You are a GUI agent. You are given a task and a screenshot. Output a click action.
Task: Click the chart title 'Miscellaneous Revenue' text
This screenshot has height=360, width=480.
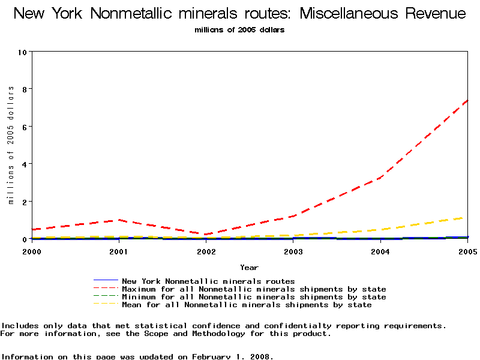point(371,13)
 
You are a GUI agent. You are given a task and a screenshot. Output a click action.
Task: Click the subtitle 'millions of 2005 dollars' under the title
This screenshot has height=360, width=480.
point(239,30)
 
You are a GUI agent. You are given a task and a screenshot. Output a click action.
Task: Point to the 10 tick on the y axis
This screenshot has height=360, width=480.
point(23,52)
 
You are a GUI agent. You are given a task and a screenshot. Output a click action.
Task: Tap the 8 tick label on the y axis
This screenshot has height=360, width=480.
point(25,89)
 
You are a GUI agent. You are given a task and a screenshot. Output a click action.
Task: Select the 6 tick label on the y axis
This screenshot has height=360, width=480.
point(25,127)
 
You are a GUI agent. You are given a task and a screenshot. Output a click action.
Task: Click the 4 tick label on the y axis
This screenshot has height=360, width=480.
point(25,164)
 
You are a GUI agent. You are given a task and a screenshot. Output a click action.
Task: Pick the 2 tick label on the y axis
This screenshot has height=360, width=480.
point(25,202)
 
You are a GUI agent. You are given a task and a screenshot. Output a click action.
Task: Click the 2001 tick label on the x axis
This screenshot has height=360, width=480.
point(119,251)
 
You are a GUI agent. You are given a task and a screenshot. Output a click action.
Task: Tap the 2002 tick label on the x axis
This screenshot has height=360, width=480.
point(206,251)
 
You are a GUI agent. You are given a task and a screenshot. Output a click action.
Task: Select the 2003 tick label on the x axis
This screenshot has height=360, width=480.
point(293,251)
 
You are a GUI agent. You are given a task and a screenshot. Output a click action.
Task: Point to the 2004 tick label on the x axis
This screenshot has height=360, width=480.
point(380,251)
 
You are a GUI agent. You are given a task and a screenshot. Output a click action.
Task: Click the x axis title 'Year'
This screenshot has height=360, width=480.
point(249,268)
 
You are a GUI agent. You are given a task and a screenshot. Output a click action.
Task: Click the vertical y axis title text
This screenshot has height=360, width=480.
point(11,145)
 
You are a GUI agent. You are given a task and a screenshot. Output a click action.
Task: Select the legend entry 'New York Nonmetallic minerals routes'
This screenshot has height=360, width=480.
point(208,281)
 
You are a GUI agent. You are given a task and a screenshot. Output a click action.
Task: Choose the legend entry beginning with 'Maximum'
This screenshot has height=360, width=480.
point(254,289)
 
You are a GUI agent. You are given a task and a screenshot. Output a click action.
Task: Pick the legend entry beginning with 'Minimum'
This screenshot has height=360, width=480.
point(254,297)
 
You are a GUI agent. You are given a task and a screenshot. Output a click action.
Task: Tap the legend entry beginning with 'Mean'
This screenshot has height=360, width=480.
point(247,305)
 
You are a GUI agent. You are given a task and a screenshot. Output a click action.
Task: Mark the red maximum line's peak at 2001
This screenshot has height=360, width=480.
point(119,220)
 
